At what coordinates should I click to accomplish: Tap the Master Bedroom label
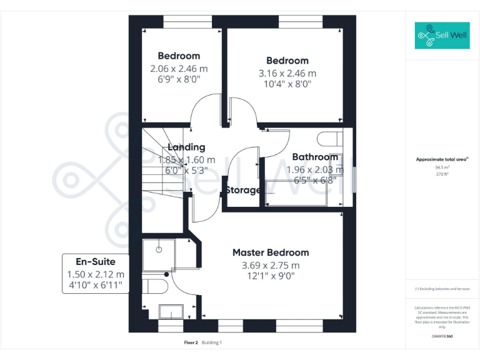[x=271, y=252]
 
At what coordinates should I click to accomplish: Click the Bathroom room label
[x=315, y=157]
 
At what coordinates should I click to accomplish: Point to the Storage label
[x=242, y=190]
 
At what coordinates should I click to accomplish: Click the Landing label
[x=186, y=147]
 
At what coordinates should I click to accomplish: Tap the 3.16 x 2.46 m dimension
[x=287, y=73]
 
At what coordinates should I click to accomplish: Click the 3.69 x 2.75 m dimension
[x=271, y=265]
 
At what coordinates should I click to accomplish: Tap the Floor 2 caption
[x=191, y=342]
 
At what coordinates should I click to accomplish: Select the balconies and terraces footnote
[x=442, y=289]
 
